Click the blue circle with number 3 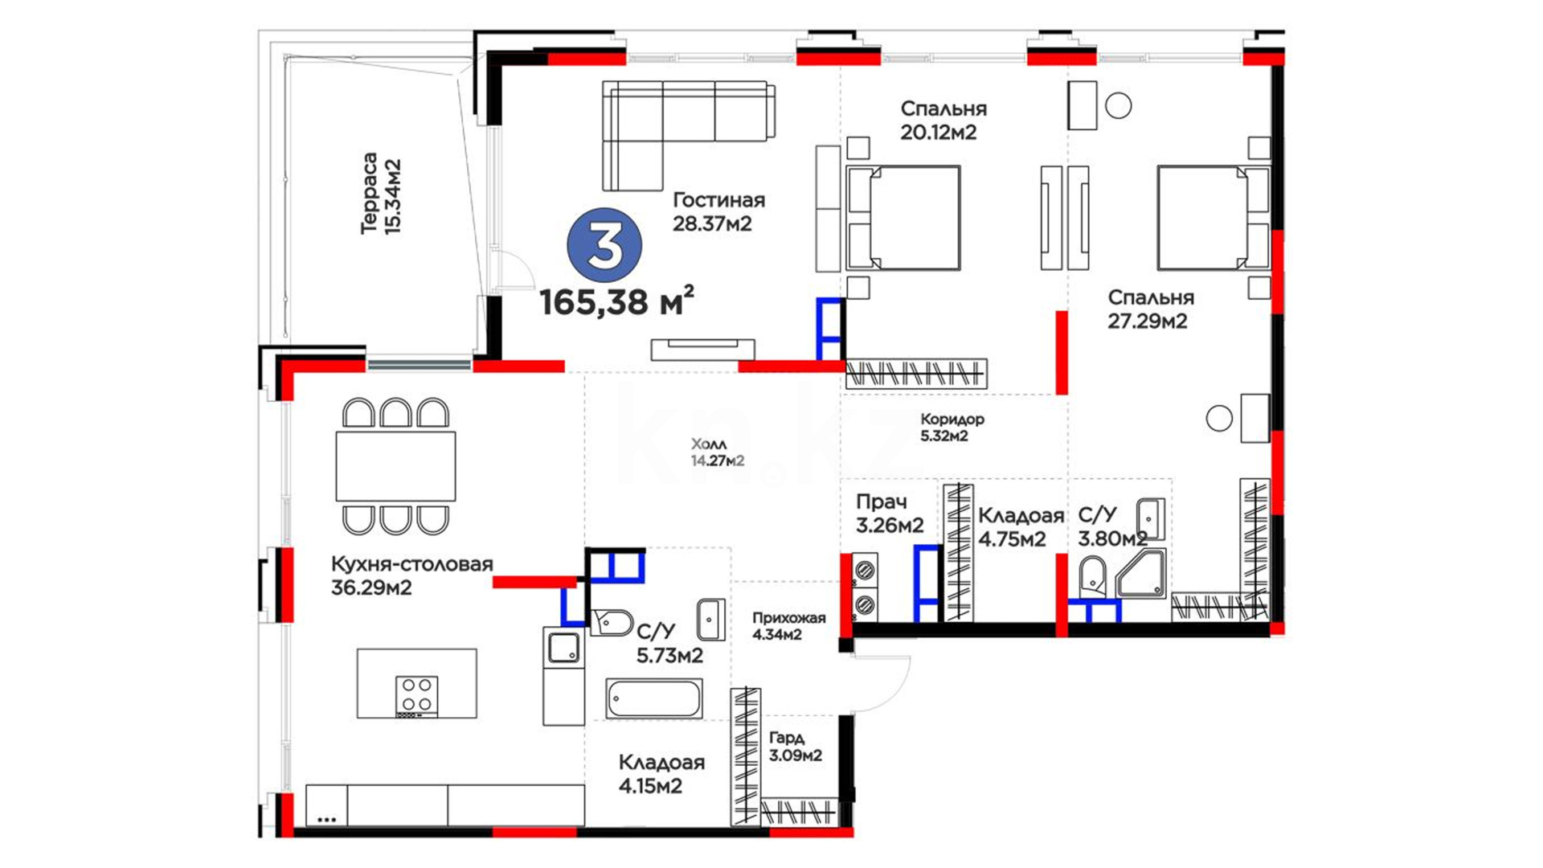coord(604,247)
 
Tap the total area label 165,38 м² coord(616,301)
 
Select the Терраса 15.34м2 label coord(381,194)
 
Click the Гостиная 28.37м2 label coord(718,211)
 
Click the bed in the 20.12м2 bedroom coord(902,218)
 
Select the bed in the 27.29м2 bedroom coord(1214,218)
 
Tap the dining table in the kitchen coord(395,466)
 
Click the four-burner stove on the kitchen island coord(417,695)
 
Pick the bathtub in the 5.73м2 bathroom coord(654,698)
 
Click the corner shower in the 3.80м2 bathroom coord(1141,574)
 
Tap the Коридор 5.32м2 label coord(952,428)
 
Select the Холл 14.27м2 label coord(717,452)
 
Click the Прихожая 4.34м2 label coord(788,626)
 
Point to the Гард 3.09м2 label coord(795,747)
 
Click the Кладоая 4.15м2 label coord(661,774)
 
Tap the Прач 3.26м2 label coord(889,514)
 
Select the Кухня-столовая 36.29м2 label coord(411,575)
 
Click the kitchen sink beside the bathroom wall coord(563,648)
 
